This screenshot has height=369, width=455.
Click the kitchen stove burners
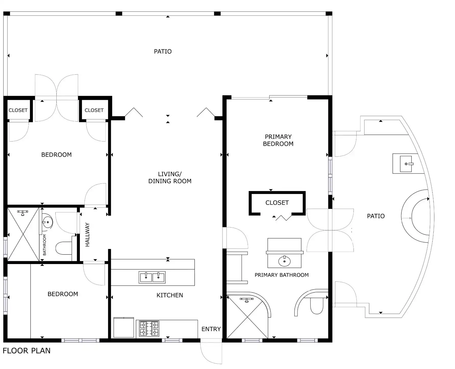point(149,328)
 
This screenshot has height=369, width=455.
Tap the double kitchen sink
point(152,277)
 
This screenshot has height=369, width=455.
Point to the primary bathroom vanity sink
point(284,261)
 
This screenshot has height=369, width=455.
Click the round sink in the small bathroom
point(47,222)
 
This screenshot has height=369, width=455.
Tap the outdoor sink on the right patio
point(406,164)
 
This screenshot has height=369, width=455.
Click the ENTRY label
point(211,329)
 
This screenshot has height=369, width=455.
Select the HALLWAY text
point(87,235)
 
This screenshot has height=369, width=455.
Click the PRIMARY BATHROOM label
point(282,275)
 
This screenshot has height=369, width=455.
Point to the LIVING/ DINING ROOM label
point(170,178)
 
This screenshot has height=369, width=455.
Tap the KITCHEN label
point(170,295)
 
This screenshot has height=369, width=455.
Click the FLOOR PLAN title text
point(27,351)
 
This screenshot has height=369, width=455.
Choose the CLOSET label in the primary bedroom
point(277,203)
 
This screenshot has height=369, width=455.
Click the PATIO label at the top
point(163,51)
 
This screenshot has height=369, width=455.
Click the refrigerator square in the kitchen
point(124,327)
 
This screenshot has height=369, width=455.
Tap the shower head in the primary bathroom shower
point(246,300)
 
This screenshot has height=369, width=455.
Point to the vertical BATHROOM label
point(45,245)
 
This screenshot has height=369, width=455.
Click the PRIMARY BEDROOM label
point(278,140)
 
